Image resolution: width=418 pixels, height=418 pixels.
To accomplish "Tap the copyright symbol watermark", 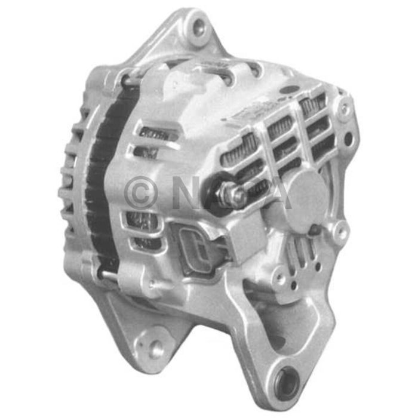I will point(142,193).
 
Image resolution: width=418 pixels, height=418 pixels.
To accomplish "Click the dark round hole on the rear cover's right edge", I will point(348,139).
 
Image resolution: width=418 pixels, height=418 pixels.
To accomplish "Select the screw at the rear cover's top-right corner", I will point(343,109).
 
